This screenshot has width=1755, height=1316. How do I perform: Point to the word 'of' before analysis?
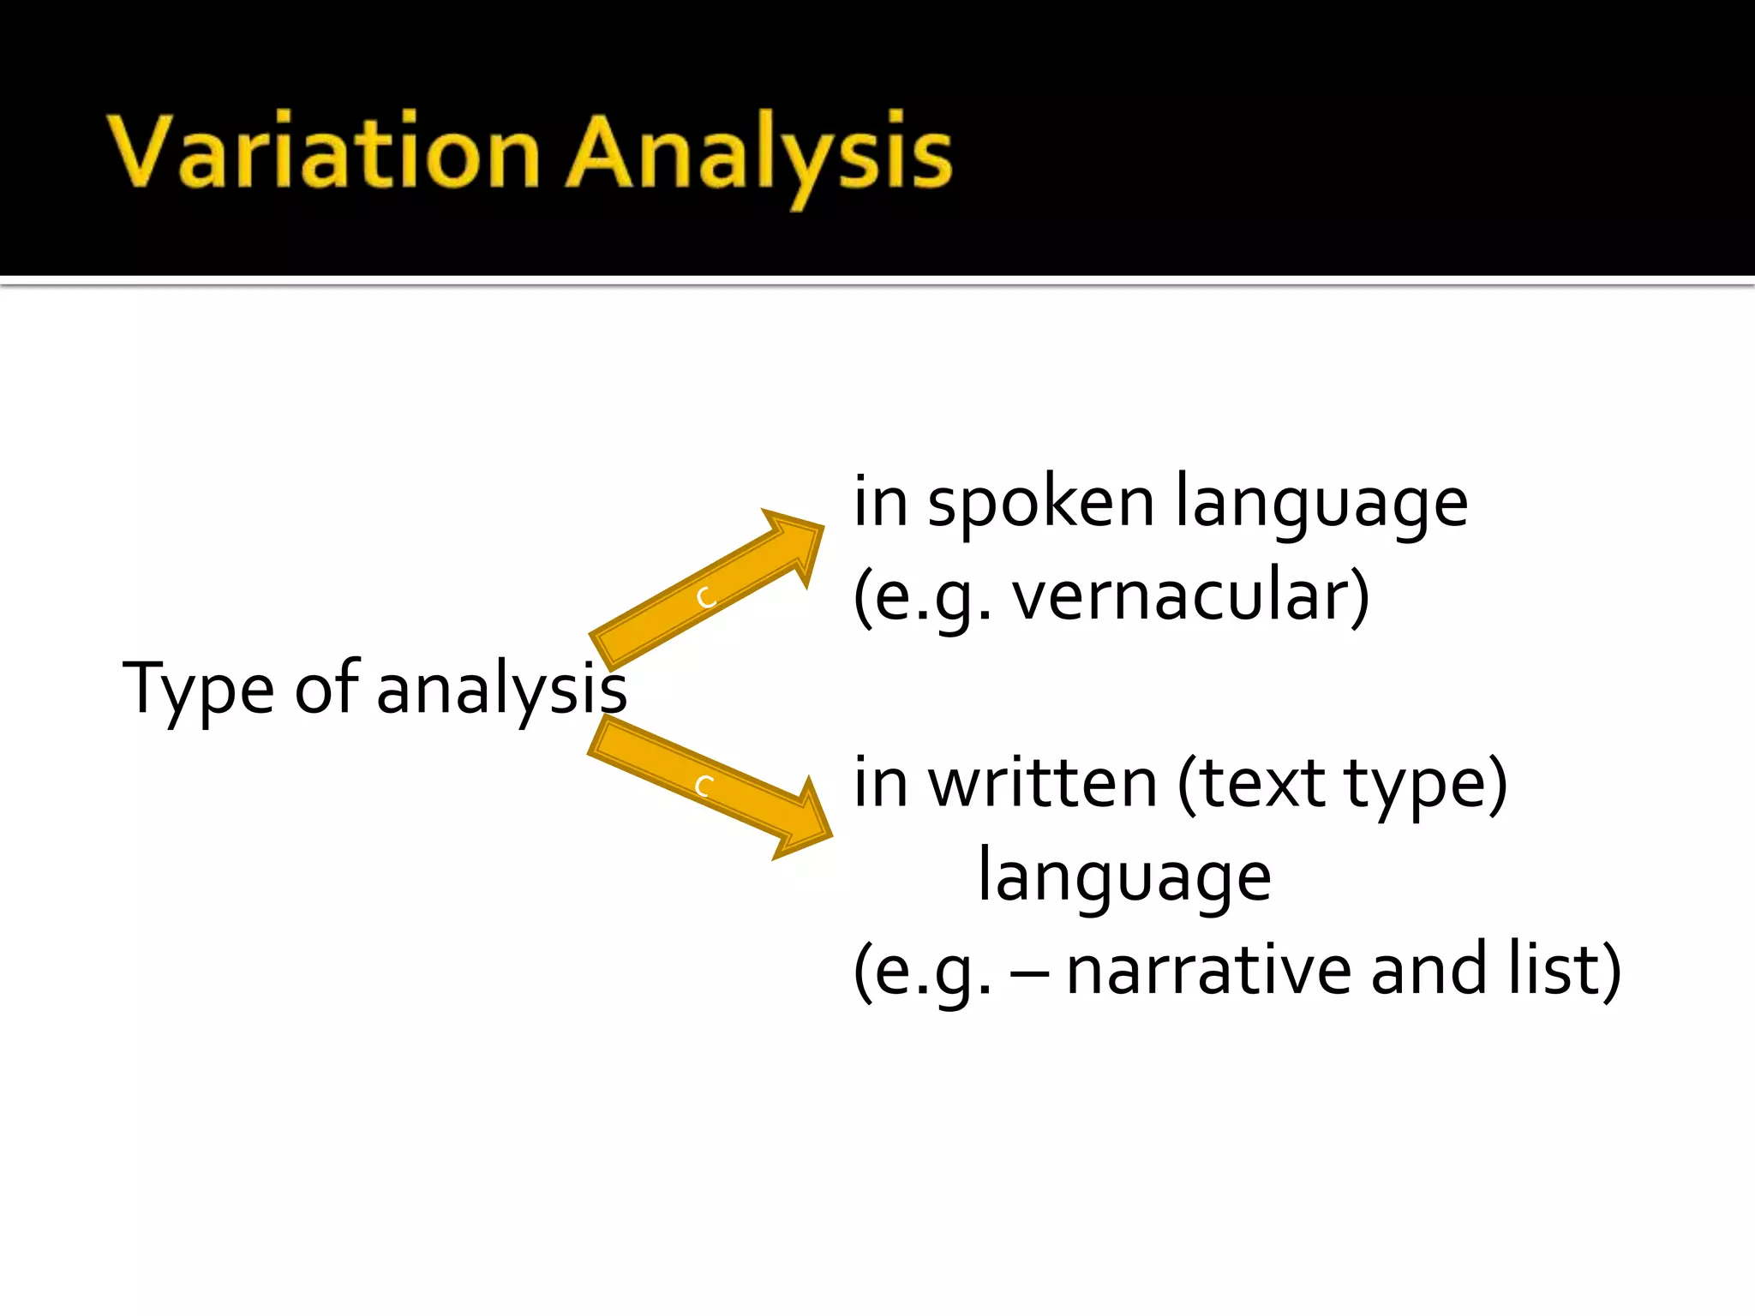point(326,687)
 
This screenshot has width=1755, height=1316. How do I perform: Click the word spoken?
point(1041,504)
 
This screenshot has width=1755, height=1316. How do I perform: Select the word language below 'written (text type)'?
point(1124,877)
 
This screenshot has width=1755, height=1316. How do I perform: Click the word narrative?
point(1208,970)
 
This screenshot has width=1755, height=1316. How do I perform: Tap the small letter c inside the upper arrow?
point(706,597)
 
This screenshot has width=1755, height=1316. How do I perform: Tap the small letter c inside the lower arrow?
point(704,786)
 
